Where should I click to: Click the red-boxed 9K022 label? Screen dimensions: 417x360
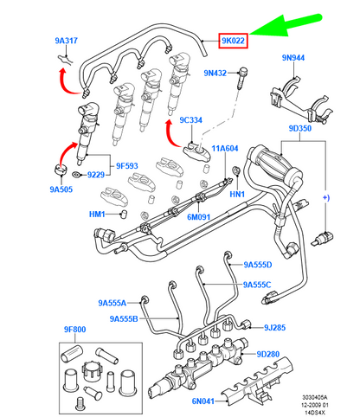[234, 41]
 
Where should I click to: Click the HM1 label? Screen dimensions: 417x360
[97, 215]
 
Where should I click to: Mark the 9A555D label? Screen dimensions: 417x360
[257, 264]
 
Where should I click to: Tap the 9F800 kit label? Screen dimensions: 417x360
[74, 330]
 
